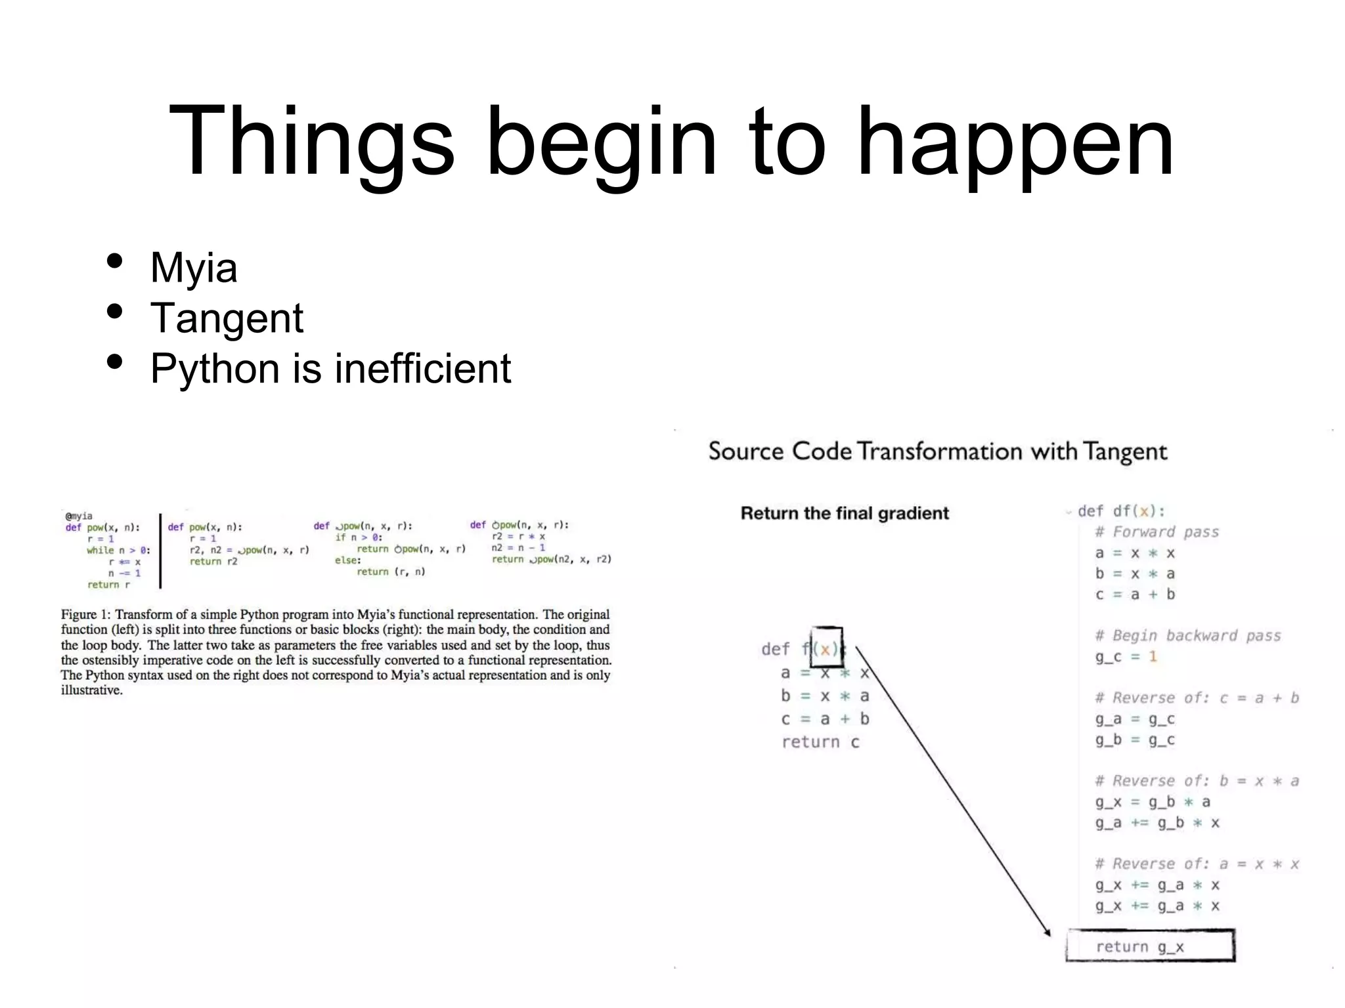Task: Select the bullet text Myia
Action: pyautogui.click(x=194, y=267)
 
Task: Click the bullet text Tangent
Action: pyautogui.click(x=227, y=318)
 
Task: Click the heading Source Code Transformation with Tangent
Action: pyautogui.click(x=937, y=451)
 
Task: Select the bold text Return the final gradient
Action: pyautogui.click(x=845, y=513)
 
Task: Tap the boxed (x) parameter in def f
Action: pyautogui.click(x=826, y=648)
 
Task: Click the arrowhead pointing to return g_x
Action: pyautogui.click(x=1046, y=931)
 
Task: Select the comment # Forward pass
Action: pyautogui.click(x=1157, y=532)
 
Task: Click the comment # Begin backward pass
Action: pyautogui.click(x=1187, y=635)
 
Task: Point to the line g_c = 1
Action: pyautogui.click(x=1126, y=656)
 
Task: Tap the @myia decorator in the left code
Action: pyautogui.click(x=79, y=516)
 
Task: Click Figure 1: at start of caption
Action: pyautogui.click(x=86, y=615)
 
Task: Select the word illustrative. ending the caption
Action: pyautogui.click(x=92, y=690)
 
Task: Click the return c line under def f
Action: pyautogui.click(x=820, y=742)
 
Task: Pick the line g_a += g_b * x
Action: pyautogui.click(x=1157, y=823)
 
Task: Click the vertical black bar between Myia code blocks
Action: pyautogui.click(x=161, y=551)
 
